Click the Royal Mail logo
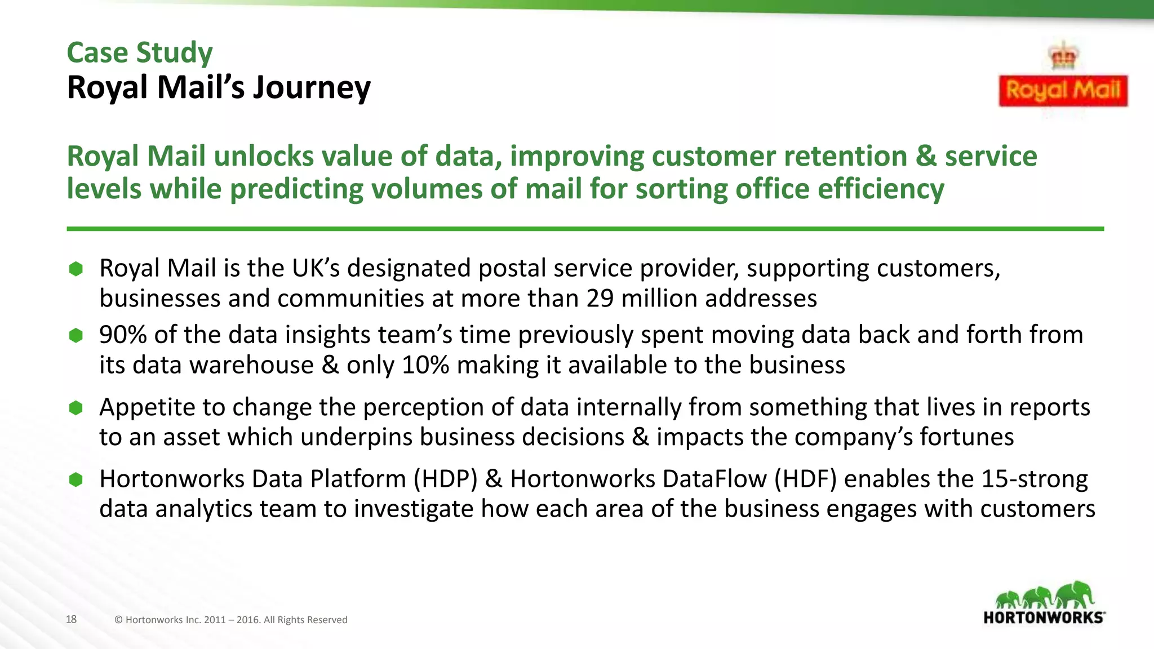coord(1063,90)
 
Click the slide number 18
coord(71,619)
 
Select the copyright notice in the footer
coord(230,620)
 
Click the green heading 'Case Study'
coord(139,52)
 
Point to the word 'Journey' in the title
coord(312,88)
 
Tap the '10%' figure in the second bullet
coord(425,365)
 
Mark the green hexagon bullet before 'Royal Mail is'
coord(76,269)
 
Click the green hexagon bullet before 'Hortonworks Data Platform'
coord(76,479)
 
